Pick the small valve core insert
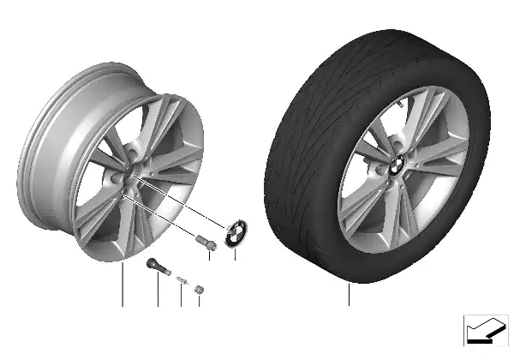181,279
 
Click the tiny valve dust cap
199,289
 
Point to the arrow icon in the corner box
484,329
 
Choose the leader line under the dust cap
199,301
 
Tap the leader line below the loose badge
235,255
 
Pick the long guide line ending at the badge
184,206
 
